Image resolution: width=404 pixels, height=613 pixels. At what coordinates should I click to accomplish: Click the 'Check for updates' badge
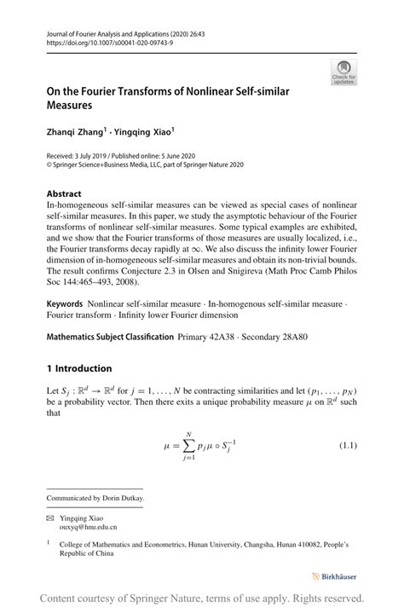click(x=344, y=72)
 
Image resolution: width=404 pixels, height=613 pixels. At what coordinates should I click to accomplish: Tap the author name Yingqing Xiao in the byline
click(x=146, y=132)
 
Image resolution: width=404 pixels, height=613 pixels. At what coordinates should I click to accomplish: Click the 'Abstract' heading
click(x=64, y=194)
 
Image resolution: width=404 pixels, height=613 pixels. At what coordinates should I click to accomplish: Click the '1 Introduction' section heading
click(x=79, y=368)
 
